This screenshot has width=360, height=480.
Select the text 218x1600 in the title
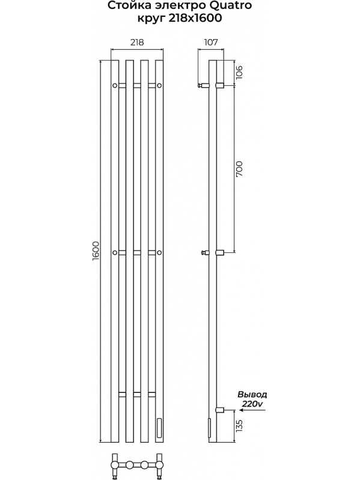(195, 19)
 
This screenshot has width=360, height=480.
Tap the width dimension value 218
(137, 42)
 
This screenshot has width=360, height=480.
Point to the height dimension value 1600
(95, 251)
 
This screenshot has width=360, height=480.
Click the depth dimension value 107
(210, 42)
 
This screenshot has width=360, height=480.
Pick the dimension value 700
(239, 169)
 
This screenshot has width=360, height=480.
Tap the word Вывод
(252, 394)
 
